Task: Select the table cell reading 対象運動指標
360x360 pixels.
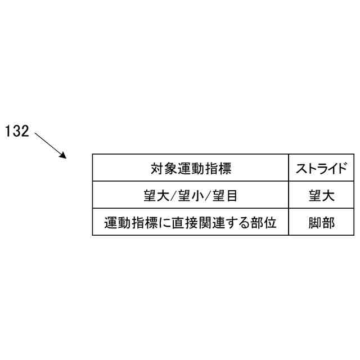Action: point(191,168)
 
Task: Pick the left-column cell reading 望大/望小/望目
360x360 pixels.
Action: point(191,196)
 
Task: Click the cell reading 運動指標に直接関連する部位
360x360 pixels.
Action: point(191,223)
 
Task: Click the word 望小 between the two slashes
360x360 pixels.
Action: point(191,196)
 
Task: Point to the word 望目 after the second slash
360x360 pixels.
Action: point(224,196)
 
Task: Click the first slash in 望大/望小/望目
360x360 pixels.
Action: point(174,196)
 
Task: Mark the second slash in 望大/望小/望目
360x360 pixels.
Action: point(208,196)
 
